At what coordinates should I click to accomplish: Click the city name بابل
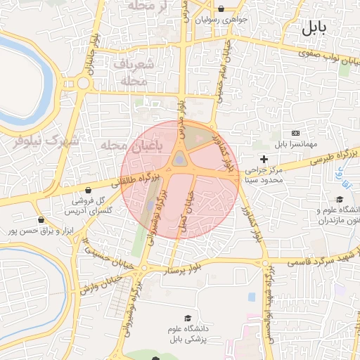pos(315,29)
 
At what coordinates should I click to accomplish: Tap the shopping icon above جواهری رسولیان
pos(222,9)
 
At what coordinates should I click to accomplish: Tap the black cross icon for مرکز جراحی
pos(264,160)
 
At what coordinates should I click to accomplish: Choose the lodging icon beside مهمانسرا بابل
pos(295,134)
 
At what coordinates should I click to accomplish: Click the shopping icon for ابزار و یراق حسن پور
pos(42,220)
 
